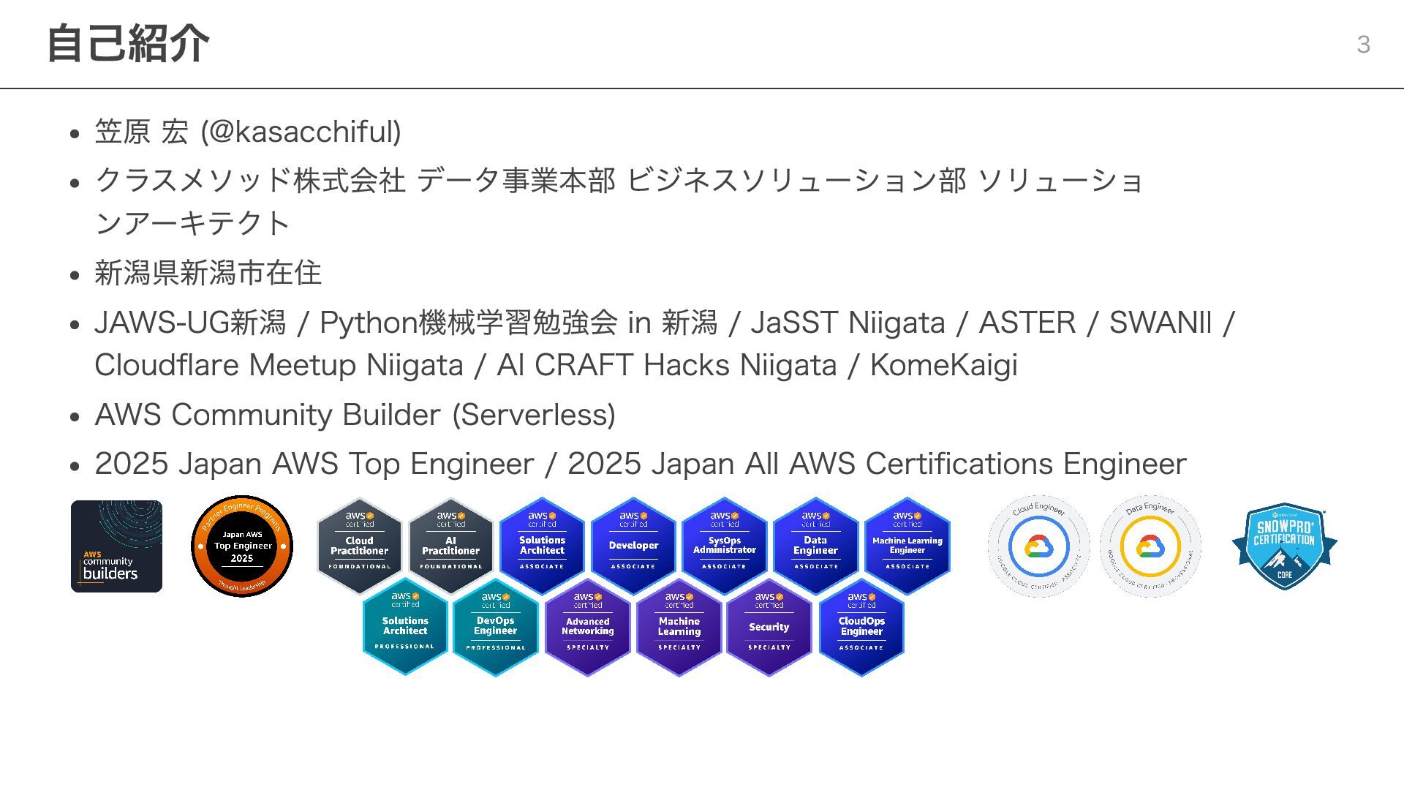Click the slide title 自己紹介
click(x=128, y=43)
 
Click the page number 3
click(x=1363, y=45)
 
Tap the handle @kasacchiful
click(x=301, y=132)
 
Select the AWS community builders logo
click(x=116, y=546)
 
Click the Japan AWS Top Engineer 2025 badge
click(x=242, y=546)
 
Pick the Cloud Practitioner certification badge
click(x=359, y=546)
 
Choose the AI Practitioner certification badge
click(x=450, y=546)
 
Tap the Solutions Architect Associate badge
click(x=542, y=546)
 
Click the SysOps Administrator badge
click(x=724, y=546)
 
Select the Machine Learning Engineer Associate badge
click(x=907, y=546)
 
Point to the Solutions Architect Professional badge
click(x=405, y=627)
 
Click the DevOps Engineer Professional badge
click(x=496, y=627)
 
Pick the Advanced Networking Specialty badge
click(x=587, y=627)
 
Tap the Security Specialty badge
click(x=769, y=627)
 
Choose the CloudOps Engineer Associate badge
click(x=861, y=627)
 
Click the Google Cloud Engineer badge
click(x=1038, y=546)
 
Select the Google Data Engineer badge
click(x=1150, y=546)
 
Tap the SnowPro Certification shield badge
click(x=1285, y=546)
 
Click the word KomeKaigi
click(x=943, y=365)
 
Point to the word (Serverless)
click(x=534, y=415)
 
